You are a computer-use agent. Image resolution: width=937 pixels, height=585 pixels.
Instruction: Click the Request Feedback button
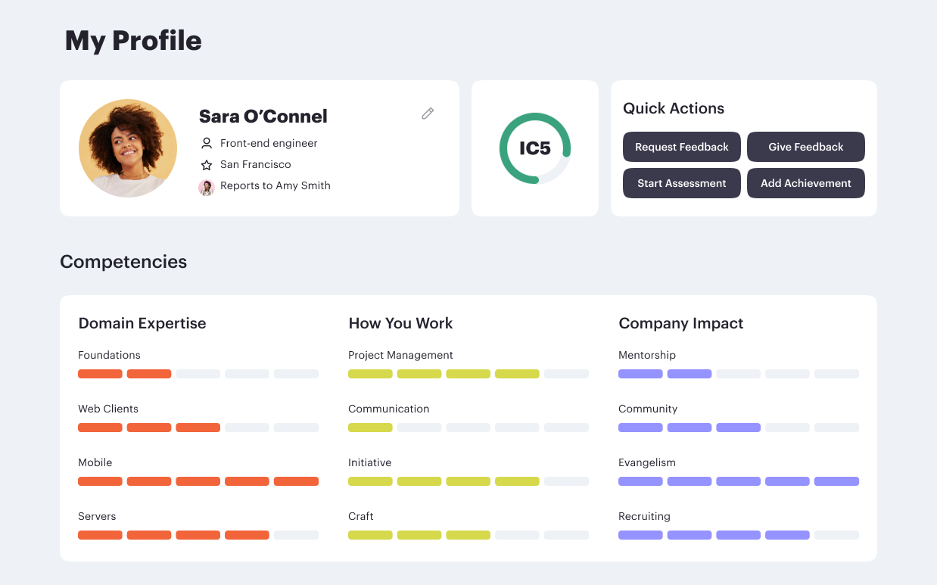pos(681,147)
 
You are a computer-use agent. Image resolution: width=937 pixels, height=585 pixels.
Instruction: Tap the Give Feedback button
pos(805,147)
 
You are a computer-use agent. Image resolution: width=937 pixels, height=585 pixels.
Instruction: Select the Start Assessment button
pos(681,183)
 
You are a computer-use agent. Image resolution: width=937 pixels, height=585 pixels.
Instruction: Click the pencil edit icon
pos(428,114)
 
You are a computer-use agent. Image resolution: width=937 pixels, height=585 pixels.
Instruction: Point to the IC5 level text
pos(534,148)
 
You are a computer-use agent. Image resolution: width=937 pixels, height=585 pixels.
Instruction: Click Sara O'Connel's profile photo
pos(128,148)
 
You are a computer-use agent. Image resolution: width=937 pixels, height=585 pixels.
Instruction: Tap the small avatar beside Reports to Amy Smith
pos(207,187)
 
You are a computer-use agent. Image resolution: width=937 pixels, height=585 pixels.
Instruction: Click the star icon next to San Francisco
pos(207,165)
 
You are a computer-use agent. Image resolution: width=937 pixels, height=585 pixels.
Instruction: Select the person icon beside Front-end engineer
pos(207,143)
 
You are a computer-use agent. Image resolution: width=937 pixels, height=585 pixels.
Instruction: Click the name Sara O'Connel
pos(263,117)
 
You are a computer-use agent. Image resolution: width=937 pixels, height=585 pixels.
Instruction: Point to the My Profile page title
pos(133,41)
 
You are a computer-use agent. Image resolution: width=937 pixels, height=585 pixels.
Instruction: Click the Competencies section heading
pos(123,262)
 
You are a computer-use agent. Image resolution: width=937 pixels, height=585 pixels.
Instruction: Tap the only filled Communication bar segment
pos(370,428)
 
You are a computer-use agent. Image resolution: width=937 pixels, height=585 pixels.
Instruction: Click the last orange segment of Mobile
pos(296,481)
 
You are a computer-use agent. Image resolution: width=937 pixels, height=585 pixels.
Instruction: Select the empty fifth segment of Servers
pos(296,535)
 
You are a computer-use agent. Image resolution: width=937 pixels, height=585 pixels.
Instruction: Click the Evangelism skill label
pos(646,462)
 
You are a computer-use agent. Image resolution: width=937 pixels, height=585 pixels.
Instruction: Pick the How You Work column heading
pos(400,323)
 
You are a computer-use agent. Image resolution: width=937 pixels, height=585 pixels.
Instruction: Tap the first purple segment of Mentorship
pos(640,374)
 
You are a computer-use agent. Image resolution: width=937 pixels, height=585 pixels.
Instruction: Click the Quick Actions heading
pos(673,108)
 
